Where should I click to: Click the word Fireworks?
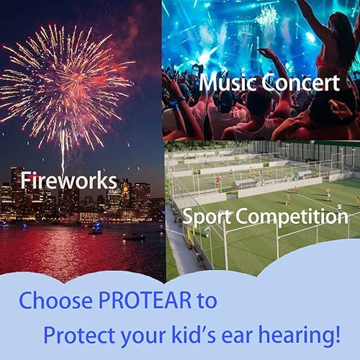click(68, 180)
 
